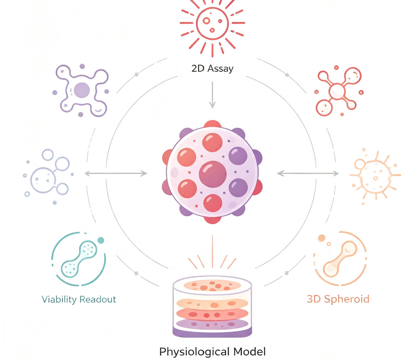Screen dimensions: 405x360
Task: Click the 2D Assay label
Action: (x=212, y=69)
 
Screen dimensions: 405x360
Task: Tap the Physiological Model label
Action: (x=212, y=352)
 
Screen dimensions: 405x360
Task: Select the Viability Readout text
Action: (x=79, y=300)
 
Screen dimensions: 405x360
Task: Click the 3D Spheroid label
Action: (x=338, y=299)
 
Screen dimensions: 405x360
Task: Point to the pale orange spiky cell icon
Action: (x=375, y=177)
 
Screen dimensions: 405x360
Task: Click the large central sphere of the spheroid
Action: (x=212, y=174)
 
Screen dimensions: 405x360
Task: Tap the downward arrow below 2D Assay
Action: (x=212, y=95)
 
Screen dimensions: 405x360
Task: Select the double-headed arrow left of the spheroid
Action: (x=116, y=174)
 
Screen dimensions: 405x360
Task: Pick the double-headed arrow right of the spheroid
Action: (x=308, y=174)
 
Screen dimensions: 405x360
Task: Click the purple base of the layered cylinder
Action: (x=212, y=332)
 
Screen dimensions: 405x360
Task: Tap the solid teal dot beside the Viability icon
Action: (x=101, y=240)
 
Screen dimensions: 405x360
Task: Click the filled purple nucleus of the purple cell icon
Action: (x=81, y=90)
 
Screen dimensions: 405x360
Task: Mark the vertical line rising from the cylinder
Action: (x=212, y=251)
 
